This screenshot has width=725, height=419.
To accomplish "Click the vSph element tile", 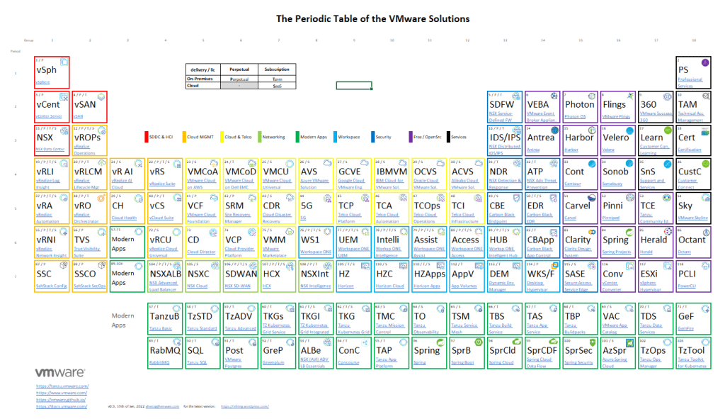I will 52,72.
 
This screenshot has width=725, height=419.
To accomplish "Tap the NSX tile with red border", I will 52,140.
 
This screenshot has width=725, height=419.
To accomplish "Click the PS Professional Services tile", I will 694,72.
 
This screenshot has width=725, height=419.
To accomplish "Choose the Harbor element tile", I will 580,140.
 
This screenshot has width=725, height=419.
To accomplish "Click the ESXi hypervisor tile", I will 656,276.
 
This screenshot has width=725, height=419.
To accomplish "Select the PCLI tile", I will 694,276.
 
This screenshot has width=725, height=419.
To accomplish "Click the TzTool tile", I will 694,352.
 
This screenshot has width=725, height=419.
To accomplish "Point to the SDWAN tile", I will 241,276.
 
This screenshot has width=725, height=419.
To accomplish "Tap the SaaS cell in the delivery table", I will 277,85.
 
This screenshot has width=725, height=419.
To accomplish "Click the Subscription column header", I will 277,69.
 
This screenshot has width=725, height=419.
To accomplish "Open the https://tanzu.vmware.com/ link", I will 62,386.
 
